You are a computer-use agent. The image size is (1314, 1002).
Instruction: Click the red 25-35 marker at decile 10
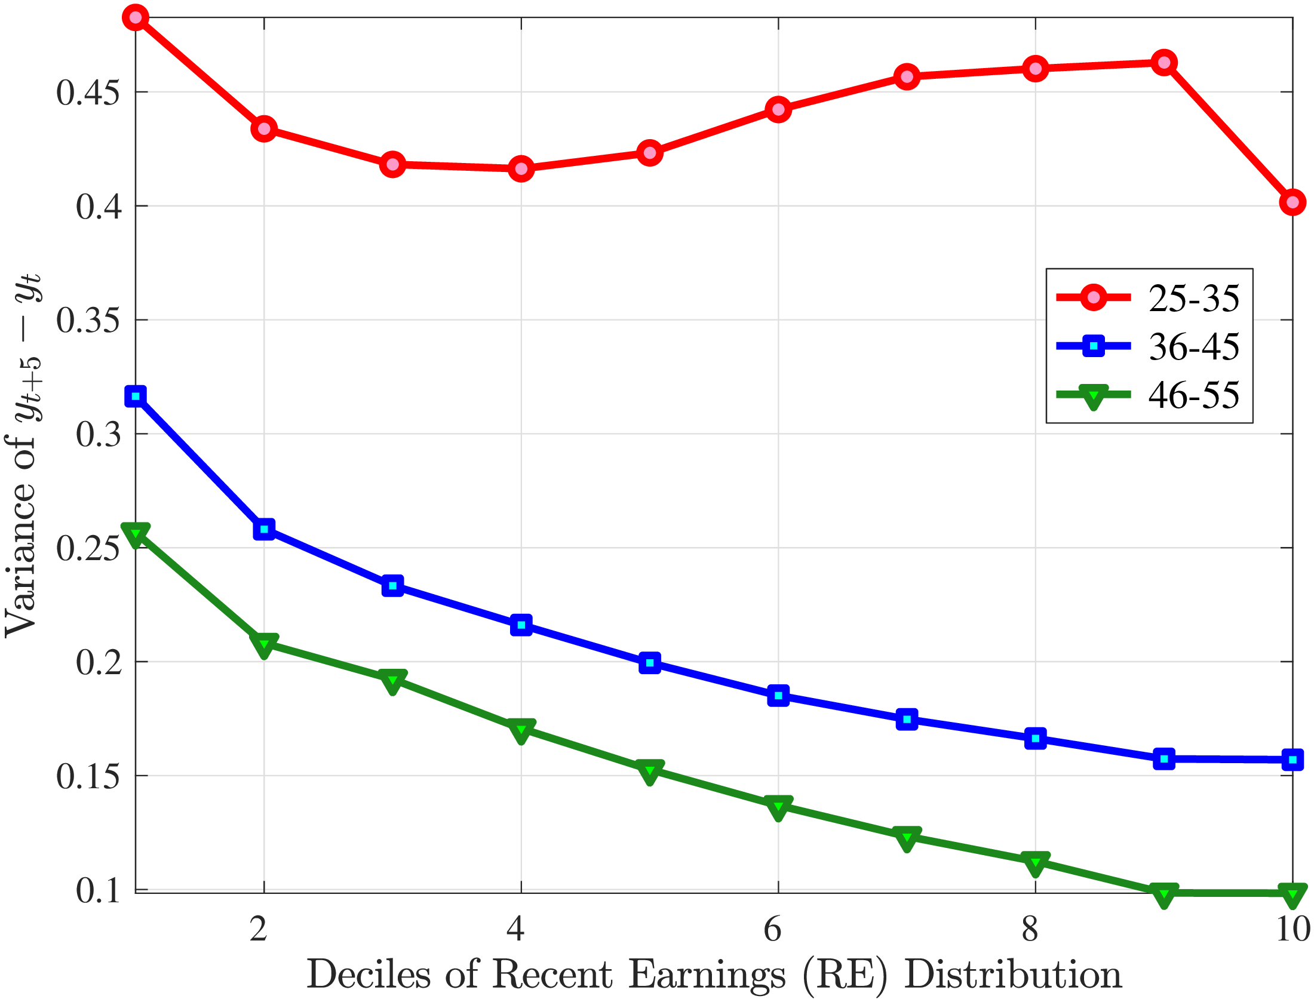click(x=1292, y=202)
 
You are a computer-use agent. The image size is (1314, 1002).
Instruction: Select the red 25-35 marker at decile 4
click(x=521, y=169)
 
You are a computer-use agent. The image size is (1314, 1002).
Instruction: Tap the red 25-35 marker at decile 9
click(x=1163, y=62)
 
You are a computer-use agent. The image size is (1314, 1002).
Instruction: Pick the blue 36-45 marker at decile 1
click(x=136, y=396)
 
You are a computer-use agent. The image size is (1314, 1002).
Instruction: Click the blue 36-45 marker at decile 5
click(x=650, y=662)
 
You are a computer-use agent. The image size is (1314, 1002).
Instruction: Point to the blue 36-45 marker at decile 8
click(x=1035, y=738)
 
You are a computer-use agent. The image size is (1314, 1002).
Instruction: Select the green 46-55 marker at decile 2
click(x=264, y=644)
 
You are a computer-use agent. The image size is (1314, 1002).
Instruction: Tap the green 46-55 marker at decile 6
click(x=778, y=807)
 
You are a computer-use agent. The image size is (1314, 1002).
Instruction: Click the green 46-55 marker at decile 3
click(x=392, y=681)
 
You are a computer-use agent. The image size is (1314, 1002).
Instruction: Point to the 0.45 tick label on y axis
click(x=88, y=93)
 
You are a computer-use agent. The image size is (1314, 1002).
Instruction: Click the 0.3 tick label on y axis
click(x=98, y=434)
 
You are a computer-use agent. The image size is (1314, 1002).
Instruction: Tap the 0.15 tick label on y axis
click(x=88, y=776)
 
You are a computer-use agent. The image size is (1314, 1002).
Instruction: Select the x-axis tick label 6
click(x=773, y=929)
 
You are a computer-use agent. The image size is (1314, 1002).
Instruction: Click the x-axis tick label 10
click(x=1292, y=929)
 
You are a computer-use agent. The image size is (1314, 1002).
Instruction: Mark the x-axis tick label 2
click(x=259, y=929)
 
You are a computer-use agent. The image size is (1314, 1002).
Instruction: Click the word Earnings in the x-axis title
click(x=707, y=976)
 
